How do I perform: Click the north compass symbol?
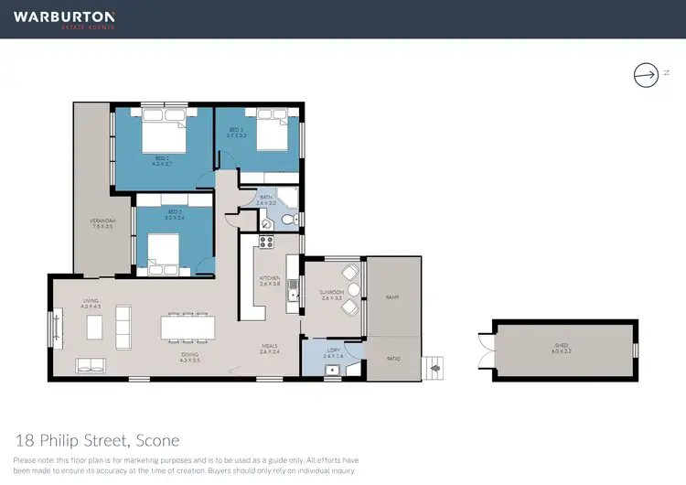[x=646, y=74]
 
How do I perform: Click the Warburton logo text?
[x=64, y=17]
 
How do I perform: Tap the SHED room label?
[x=561, y=347]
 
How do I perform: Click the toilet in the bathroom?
[x=287, y=221]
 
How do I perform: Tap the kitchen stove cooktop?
[x=267, y=242]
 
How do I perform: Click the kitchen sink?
[x=293, y=291]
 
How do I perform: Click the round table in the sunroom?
[x=353, y=290]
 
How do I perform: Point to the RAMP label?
[x=393, y=296]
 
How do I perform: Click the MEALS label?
[x=268, y=347]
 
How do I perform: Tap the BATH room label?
[x=266, y=199]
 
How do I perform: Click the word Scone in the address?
[x=159, y=439]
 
